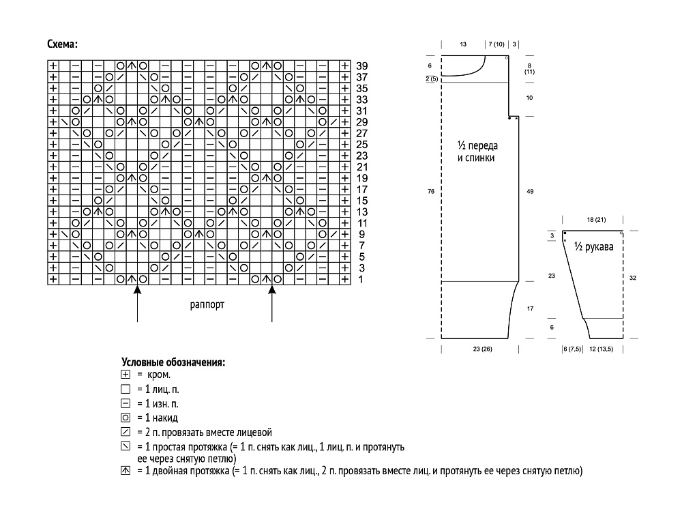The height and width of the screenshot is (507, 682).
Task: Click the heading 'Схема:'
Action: pos(63,44)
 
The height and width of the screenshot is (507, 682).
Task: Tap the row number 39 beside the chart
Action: pos(362,66)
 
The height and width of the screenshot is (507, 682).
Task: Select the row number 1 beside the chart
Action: pos(361,279)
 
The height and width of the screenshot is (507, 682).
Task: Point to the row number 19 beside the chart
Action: pos(362,178)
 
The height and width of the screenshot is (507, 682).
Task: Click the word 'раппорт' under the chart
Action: pos(207,304)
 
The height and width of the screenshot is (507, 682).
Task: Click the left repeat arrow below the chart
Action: pos(138,304)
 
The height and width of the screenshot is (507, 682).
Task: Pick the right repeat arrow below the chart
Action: pos(272,304)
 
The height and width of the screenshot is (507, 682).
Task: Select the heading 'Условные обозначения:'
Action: pos(173,362)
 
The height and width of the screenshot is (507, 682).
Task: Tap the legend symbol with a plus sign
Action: pos(125,374)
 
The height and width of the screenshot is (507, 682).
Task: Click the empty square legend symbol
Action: pos(125,389)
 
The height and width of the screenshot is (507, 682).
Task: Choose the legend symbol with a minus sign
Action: pos(125,403)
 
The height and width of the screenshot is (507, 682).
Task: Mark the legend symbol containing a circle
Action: pos(125,418)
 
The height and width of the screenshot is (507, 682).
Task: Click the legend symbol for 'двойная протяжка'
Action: pos(125,470)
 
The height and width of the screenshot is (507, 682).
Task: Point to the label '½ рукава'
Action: pos(594,247)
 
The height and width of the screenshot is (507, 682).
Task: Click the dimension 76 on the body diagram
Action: pos(431,191)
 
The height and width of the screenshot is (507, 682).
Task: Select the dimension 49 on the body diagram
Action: pos(530,191)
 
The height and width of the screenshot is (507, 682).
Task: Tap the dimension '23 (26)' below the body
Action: pos(483,349)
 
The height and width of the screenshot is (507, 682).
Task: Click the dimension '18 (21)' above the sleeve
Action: pos(596,219)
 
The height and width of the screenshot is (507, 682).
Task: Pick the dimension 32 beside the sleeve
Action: pos(633,278)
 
